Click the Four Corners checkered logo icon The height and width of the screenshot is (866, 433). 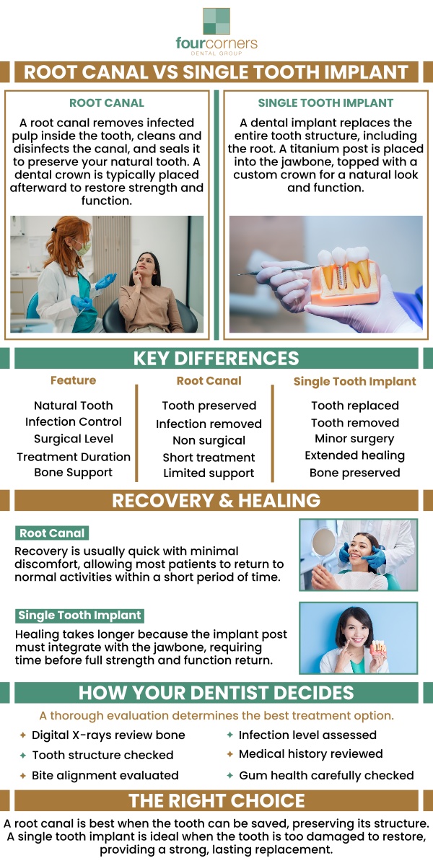[216, 22]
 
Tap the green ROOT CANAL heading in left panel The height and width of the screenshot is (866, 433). [107, 103]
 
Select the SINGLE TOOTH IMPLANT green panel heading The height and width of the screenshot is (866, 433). [325, 103]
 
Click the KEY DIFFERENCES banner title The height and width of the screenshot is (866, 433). [216, 359]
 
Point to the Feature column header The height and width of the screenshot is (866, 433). [73, 380]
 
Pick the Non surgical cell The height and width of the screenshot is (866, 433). [209, 440]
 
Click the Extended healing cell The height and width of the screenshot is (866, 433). [354, 455]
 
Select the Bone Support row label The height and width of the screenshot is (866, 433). [73, 473]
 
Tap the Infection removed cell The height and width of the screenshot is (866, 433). [209, 424]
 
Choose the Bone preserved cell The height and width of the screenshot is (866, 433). [354, 473]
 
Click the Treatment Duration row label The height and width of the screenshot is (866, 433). [74, 456]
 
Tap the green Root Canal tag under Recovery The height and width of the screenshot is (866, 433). [52, 533]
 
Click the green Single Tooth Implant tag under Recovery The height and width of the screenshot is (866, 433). [80, 616]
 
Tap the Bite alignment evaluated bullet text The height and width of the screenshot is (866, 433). [105, 775]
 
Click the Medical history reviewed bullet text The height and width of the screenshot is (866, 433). [311, 754]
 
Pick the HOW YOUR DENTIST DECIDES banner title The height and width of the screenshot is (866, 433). [216, 694]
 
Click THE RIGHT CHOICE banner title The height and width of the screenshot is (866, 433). [216, 800]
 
